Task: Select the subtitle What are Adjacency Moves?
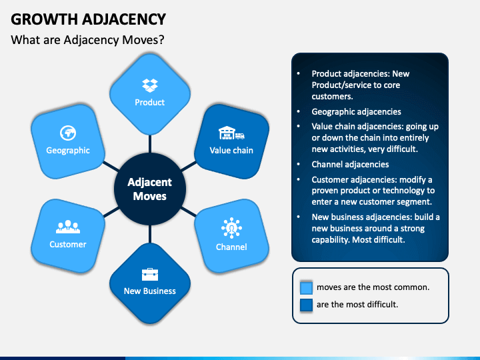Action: tap(87, 40)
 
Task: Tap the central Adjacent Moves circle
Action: tap(149, 189)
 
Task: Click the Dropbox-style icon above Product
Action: tap(149, 85)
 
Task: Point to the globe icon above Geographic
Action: tap(67, 131)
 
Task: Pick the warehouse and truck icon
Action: tap(231, 133)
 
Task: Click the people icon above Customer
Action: tap(67, 227)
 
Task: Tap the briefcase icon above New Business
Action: tap(149, 274)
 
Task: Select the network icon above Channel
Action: tap(231, 228)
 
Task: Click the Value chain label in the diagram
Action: tap(231, 150)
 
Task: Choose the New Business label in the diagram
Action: tap(150, 291)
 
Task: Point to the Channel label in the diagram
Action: tap(231, 247)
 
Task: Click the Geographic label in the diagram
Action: tap(68, 150)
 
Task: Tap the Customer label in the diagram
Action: tap(68, 244)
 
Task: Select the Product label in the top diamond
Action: tap(150, 102)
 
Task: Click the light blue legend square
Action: tap(306, 287)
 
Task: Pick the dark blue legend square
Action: tap(306, 305)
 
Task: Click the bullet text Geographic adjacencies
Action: tap(357, 112)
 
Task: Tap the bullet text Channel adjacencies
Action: tap(350, 164)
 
